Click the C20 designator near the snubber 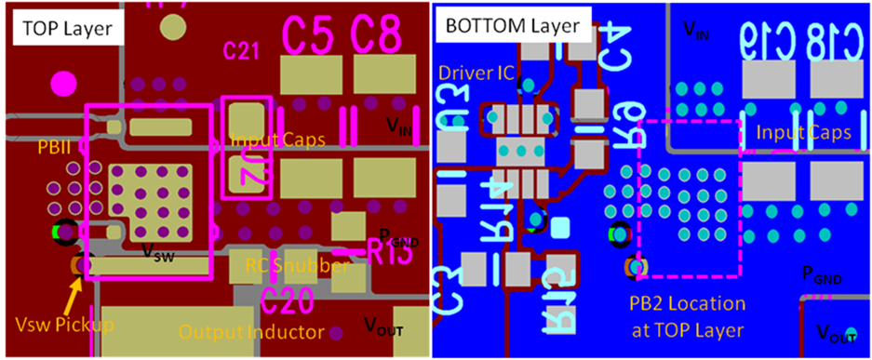[288, 300]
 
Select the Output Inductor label [250, 332]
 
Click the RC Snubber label [297, 266]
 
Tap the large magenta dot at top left [64, 82]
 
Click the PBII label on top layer [52, 147]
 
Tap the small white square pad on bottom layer [560, 227]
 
